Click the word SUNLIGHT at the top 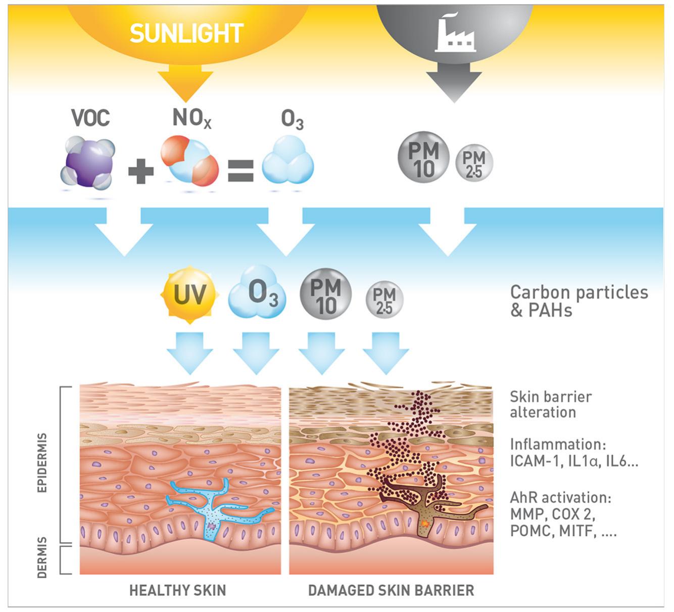(186, 33)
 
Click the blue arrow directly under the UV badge (190, 353)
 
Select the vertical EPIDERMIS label (42, 462)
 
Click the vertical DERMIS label (42, 557)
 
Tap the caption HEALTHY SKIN (177, 590)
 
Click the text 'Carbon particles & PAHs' (579, 300)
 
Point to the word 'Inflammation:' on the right (557, 444)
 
